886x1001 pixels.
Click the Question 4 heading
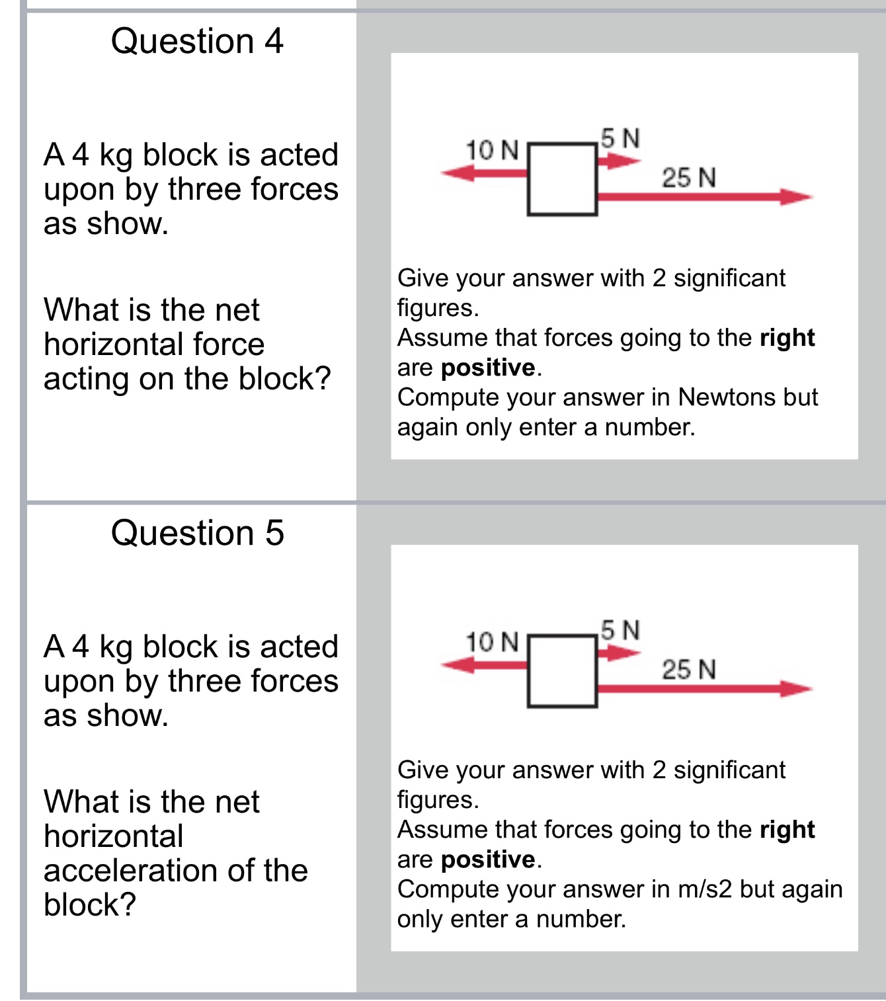click(197, 41)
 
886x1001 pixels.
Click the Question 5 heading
click(197, 533)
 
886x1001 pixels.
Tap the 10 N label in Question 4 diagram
click(492, 151)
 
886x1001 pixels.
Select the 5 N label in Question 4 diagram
click(621, 139)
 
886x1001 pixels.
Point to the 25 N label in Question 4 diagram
click(689, 178)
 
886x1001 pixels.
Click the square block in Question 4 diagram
click(563, 179)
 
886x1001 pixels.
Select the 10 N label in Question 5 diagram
click(492, 642)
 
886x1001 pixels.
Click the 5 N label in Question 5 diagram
click(621, 631)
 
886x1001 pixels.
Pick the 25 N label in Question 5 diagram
click(689, 670)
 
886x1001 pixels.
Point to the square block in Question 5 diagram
click(563, 671)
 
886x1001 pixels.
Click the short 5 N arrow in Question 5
click(618, 653)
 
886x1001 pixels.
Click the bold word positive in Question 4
click(488, 368)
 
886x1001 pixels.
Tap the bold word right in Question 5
click(787, 830)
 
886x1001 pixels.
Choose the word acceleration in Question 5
click(132, 871)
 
